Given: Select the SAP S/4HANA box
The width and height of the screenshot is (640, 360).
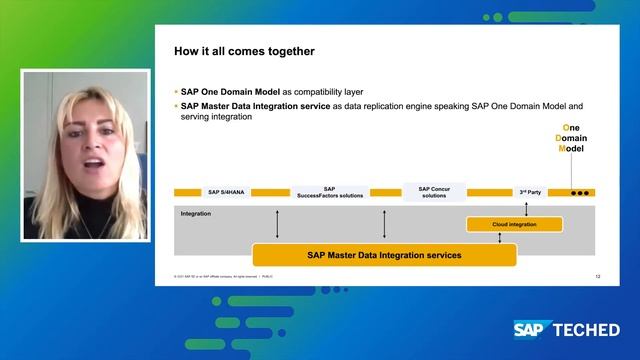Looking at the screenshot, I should (x=227, y=192).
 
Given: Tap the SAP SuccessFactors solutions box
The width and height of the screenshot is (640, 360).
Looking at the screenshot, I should (x=329, y=192).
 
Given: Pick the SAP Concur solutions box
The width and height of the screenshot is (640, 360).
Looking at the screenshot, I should (x=434, y=192).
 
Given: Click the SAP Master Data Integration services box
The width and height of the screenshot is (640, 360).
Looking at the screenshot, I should (x=384, y=255).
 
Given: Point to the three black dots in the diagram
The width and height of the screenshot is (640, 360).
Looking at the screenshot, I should (x=579, y=193).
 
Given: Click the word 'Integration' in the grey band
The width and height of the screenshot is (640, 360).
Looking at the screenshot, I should (x=195, y=213).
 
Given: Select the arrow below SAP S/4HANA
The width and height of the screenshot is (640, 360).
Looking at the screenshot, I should (x=277, y=223).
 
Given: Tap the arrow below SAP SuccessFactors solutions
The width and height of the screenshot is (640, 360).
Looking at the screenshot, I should (x=384, y=223).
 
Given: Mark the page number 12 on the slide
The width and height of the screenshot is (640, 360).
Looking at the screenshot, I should (x=598, y=275).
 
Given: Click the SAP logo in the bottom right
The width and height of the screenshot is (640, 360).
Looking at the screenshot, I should (x=535, y=329).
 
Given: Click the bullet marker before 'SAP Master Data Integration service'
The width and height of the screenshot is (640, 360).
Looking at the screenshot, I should (x=176, y=105).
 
